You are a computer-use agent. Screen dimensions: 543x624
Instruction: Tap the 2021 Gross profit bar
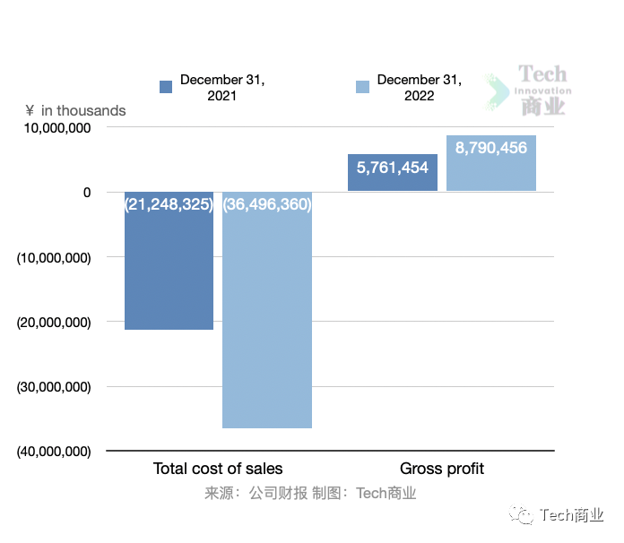pos(393,179)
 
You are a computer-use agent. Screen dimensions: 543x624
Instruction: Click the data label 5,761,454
pos(393,168)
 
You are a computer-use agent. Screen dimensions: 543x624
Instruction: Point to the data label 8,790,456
pos(491,148)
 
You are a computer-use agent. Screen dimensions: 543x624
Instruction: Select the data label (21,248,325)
pos(169,204)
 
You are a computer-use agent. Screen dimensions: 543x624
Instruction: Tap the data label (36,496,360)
pos(267,204)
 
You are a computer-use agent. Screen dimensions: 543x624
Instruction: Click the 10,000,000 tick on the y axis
pos(55,128)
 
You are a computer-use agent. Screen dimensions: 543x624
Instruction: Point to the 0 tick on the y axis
pos(87,192)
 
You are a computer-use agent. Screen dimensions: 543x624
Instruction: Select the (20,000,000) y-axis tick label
pos(55,322)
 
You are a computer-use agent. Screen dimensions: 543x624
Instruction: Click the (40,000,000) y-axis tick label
pos(55,452)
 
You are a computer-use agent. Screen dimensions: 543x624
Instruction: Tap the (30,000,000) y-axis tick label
pos(55,387)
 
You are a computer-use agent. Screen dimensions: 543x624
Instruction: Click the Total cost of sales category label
pos(218,469)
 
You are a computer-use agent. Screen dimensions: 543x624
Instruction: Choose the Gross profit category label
pos(442,469)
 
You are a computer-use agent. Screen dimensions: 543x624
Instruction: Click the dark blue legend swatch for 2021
pos(166,87)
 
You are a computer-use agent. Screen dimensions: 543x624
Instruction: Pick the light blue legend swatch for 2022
pos(363,87)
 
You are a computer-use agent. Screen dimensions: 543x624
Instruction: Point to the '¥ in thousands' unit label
pos(76,110)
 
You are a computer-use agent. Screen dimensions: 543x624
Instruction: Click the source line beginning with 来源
pos(310,493)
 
